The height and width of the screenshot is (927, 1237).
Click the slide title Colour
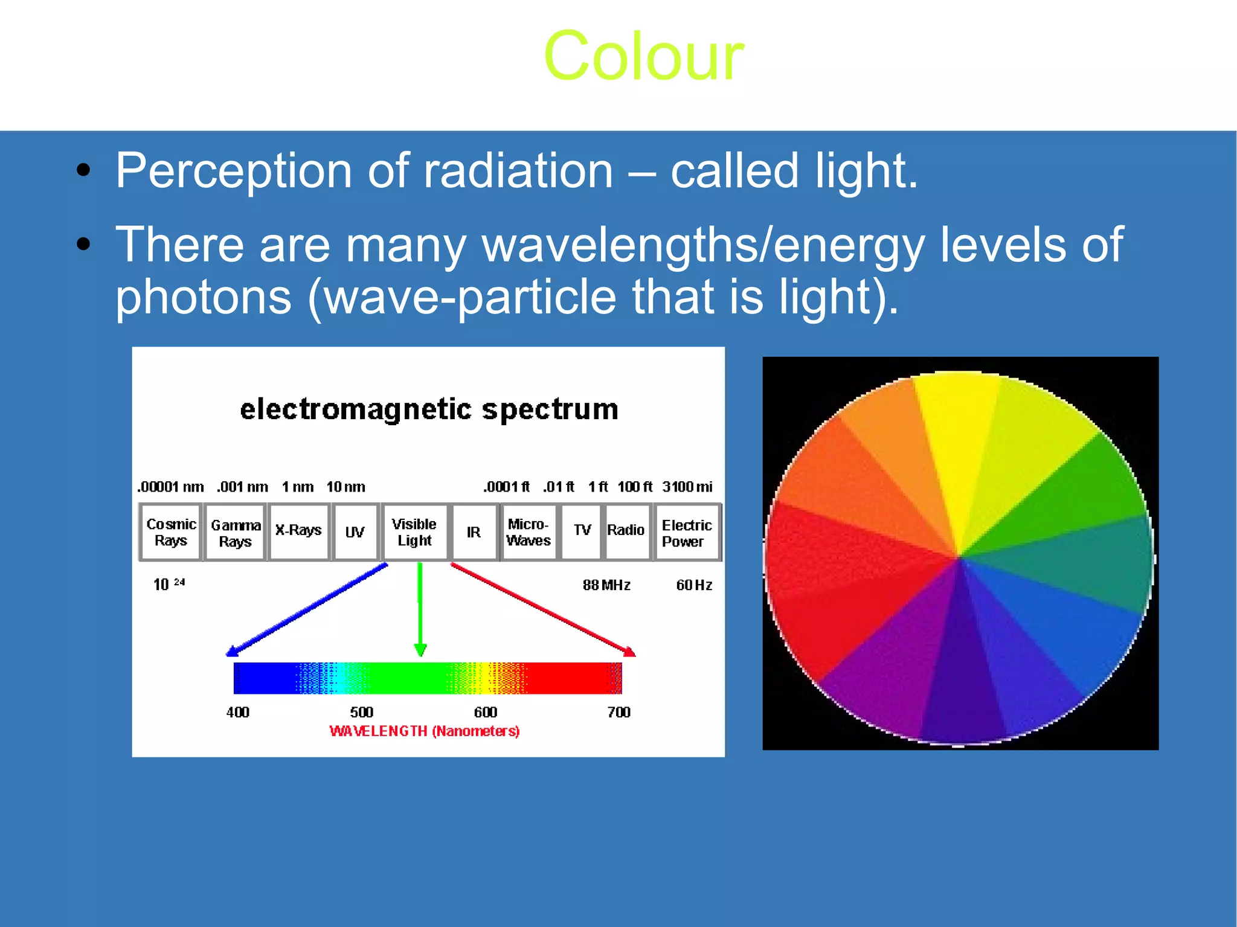(x=643, y=56)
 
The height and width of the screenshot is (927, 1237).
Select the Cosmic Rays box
(x=170, y=532)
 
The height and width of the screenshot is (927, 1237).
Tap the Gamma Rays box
(x=235, y=533)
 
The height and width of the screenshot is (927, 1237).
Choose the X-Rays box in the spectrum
(x=298, y=531)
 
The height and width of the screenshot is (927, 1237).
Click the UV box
(x=355, y=533)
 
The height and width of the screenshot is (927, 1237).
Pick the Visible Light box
(x=414, y=532)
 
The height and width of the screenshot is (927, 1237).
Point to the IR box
(x=474, y=533)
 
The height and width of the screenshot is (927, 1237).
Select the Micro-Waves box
(x=529, y=532)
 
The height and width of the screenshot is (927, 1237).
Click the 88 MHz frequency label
(x=606, y=585)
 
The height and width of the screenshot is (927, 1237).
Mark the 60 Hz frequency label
(x=694, y=585)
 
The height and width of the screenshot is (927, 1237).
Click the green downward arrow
(x=420, y=607)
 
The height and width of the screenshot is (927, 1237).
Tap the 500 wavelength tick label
(x=361, y=713)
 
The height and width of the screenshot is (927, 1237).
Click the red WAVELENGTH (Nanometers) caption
(x=425, y=731)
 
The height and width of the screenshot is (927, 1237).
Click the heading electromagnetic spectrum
(x=429, y=409)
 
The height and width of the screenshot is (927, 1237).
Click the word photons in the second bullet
(x=204, y=297)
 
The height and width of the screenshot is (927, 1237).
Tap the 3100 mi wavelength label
(x=687, y=487)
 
